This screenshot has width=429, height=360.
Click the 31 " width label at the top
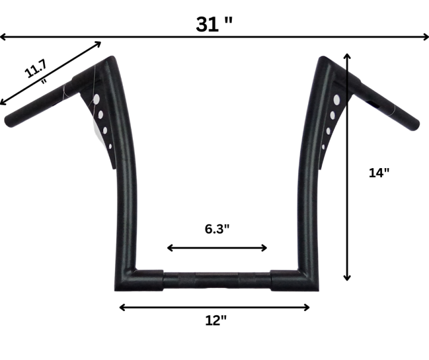214,24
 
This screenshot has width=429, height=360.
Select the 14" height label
379,173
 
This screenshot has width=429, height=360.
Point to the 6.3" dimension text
217,229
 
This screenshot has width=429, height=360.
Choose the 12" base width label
216,320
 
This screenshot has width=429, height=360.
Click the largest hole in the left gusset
97,98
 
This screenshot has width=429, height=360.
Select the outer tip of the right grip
413,125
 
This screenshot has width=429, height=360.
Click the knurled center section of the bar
217,280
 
